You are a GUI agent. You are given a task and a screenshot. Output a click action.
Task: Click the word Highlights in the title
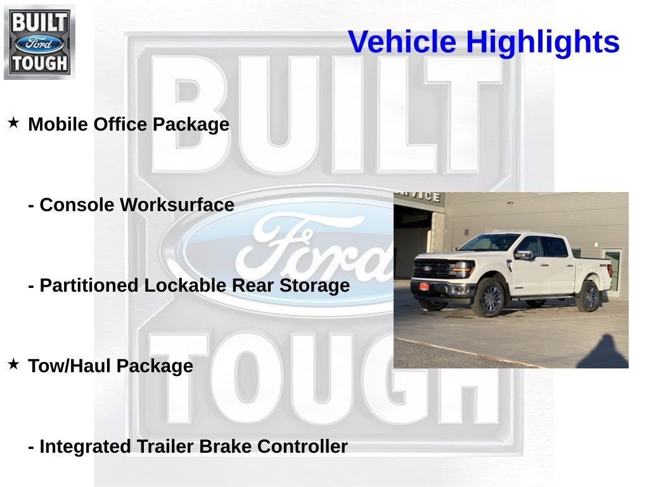(543, 42)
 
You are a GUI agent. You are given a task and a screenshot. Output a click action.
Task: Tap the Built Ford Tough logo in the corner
(39, 42)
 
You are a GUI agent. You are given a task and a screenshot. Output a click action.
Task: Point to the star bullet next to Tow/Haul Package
(13, 364)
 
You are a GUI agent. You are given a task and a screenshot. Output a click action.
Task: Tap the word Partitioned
(89, 285)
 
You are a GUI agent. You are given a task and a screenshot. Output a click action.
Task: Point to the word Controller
(303, 446)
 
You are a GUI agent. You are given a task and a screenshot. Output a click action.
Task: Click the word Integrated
(86, 446)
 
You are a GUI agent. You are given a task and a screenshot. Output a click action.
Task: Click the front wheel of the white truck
(490, 298)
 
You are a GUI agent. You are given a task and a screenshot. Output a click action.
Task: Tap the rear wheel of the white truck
(588, 296)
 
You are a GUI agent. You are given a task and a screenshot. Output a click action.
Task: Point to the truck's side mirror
(523, 255)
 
